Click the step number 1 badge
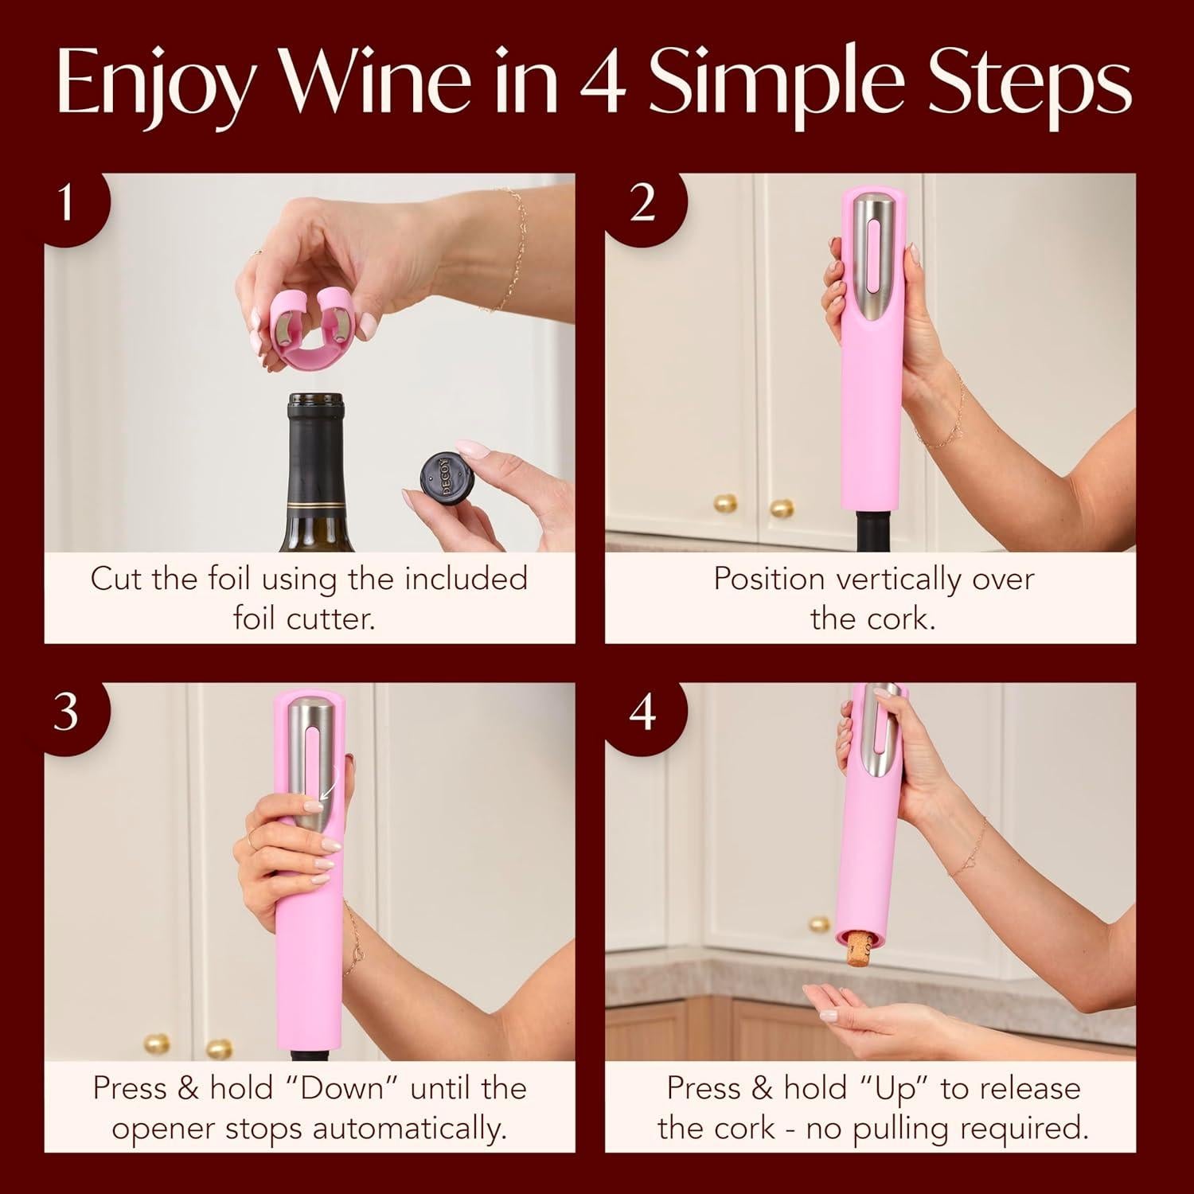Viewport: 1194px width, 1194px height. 67,203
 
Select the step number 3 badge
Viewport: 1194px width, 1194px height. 67,711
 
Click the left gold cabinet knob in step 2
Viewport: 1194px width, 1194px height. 724,503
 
